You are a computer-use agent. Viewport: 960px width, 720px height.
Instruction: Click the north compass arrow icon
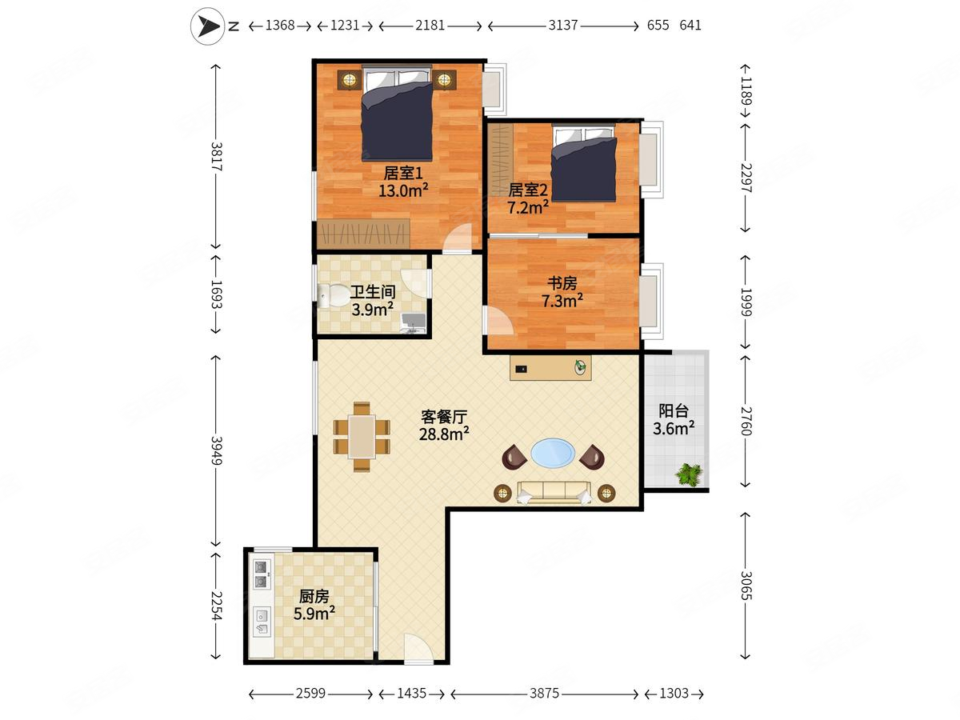point(208,26)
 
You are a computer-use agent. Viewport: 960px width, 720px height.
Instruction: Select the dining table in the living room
point(362,437)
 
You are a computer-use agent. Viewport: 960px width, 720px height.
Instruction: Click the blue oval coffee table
point(553,453)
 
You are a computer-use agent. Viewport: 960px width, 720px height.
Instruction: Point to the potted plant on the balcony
point(690,474)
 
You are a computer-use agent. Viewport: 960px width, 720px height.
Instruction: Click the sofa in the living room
point(554,493)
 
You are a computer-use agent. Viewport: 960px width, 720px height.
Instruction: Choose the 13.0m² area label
point(403,191)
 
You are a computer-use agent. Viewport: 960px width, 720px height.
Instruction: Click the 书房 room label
point(562,283)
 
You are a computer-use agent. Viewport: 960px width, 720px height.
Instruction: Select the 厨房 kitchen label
point(314,596)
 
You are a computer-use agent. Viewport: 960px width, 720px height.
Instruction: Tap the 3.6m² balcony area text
point(674,429)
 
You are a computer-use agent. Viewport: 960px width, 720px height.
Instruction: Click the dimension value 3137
point(563,26)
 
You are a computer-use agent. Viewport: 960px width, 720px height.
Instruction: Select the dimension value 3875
point(544,694)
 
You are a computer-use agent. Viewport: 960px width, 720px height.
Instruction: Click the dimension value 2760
point(746,421)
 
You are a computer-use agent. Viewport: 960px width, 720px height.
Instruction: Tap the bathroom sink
point(414,323)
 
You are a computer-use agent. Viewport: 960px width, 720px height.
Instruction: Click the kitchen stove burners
point(261,574)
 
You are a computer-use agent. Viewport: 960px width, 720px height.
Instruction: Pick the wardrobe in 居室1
point(363,234)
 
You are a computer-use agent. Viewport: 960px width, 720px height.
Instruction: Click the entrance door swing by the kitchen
point(418,648)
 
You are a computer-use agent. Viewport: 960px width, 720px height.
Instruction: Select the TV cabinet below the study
point(550,368)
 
